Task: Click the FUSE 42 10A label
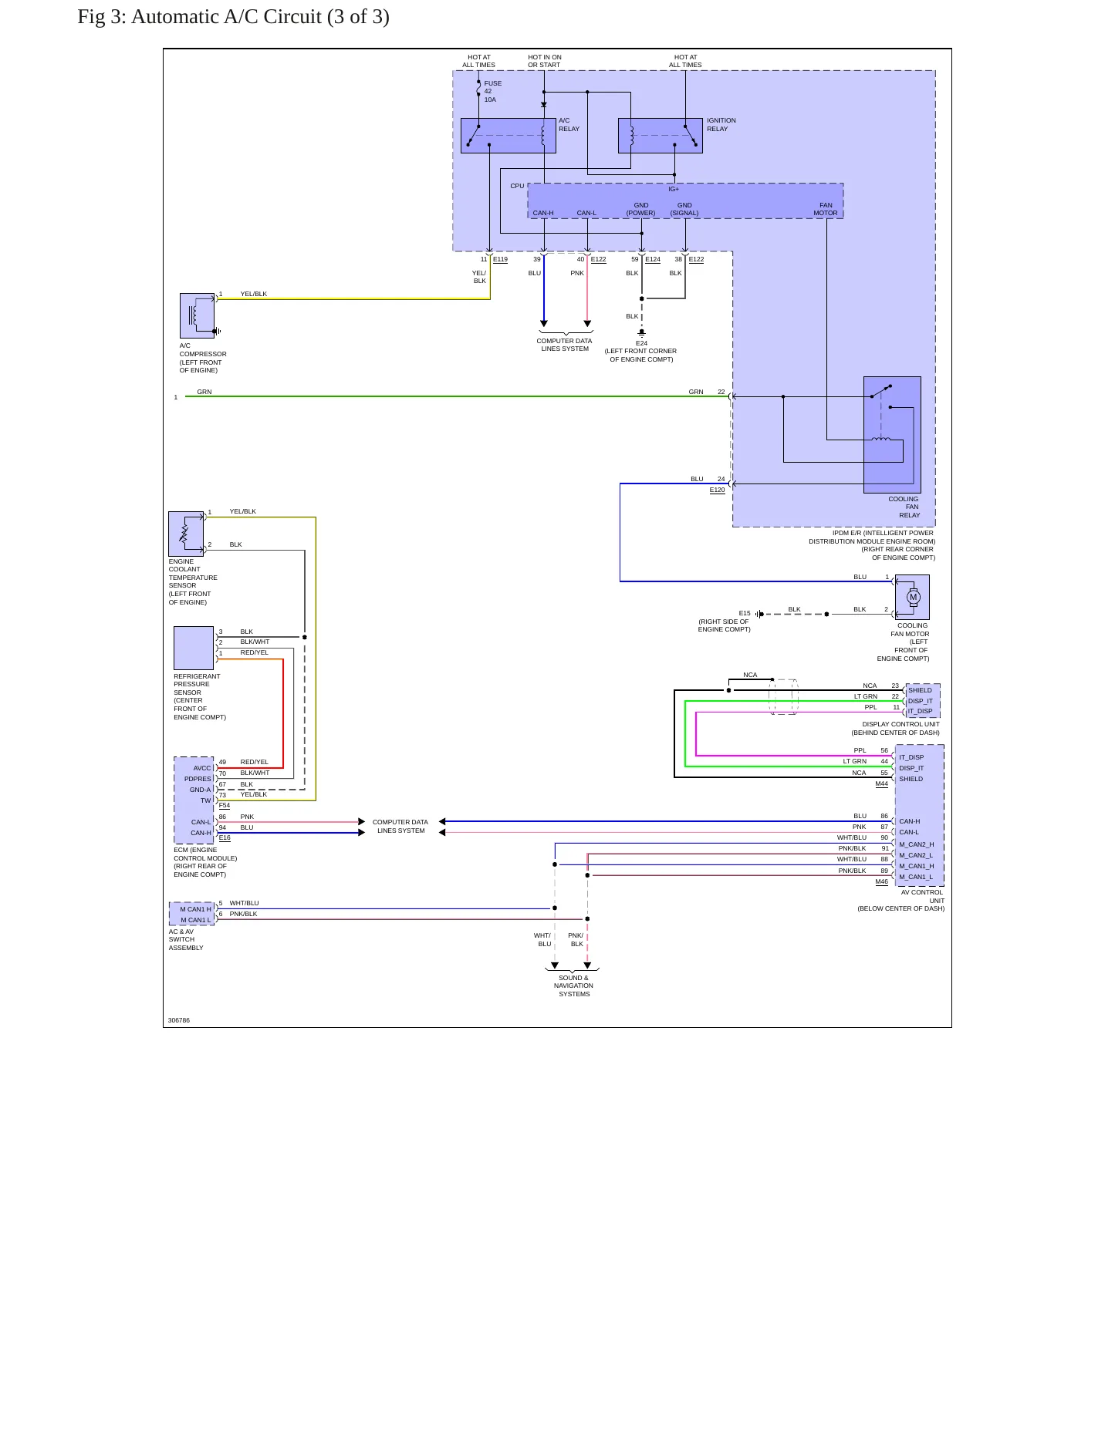492,91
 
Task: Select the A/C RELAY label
569,125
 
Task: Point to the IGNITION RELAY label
721,125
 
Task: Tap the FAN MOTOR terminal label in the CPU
825,209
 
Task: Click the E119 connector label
500,259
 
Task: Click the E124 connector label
653,259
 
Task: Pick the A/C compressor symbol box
197,315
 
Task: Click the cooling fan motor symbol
912,597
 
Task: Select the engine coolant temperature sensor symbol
186,534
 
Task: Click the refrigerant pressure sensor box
194,648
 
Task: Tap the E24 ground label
641,343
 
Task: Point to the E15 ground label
745,613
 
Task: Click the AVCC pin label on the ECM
202,768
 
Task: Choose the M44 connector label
881,783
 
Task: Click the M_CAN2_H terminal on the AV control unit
916,844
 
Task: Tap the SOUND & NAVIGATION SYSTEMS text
573,985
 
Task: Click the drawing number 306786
178,1020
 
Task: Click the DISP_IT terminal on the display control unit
920,701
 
